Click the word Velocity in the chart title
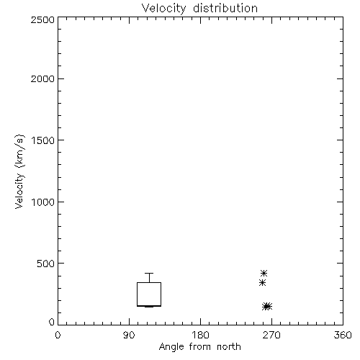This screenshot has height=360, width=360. point(163,9)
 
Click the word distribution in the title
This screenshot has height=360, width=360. point(225,8)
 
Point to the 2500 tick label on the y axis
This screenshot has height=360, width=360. point(42,19)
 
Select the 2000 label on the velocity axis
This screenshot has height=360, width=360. point(42,78)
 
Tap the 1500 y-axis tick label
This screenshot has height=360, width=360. point(43,140)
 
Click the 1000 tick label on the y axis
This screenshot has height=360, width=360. point(43,202)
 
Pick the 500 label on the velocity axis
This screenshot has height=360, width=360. point(46,264)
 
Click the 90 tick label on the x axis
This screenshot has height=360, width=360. point(129,335)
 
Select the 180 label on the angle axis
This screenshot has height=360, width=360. point(200,335)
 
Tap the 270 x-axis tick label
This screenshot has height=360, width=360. point(271,335)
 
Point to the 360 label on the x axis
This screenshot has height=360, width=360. point(343,335)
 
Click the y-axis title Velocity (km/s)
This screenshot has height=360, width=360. point(19,171)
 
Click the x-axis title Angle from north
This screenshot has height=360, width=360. point(199,347)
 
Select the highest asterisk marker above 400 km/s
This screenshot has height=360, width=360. point(264,273)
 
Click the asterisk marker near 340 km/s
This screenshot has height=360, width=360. point(262,283)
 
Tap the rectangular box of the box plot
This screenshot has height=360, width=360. point(137,294)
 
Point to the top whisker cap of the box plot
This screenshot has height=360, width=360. point(149,273)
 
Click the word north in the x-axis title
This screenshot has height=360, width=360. point(229,347)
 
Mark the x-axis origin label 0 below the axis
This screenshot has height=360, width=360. point(58,335)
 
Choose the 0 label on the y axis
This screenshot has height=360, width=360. point(52,322)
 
